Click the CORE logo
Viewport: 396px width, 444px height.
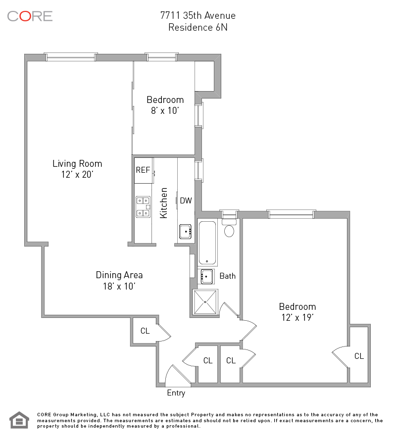tap(30, 16)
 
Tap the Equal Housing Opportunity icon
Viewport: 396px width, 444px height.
tap(19, 420)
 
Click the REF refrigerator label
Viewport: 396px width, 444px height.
tap(143, 170)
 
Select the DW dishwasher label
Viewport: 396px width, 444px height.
tap(186, 200)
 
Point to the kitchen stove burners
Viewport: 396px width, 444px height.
tap(143, 207)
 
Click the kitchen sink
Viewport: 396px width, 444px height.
tap(185, 232)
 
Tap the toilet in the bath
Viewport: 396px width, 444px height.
tap(229, 228)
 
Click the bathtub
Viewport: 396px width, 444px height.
tap(207, 243)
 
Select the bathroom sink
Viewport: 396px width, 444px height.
tap(207, 276)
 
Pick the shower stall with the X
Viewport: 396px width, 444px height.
tap(205, 302)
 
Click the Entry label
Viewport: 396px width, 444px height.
tap(176, 393)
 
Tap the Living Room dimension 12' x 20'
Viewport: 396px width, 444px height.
tap(77, 174)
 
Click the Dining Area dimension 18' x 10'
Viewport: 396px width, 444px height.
tap(119, 286)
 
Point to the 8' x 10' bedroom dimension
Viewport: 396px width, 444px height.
tap(165, 110)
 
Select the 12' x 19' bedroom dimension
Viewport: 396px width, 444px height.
tap(297, 317)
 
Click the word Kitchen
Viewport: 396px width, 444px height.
tap(164, 203)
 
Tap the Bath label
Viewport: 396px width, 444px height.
tap(228, 276)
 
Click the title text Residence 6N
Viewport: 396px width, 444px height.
tap(198, 27)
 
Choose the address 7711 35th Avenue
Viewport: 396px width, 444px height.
tap(198, 15)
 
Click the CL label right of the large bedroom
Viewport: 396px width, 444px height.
tap(359, 356)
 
